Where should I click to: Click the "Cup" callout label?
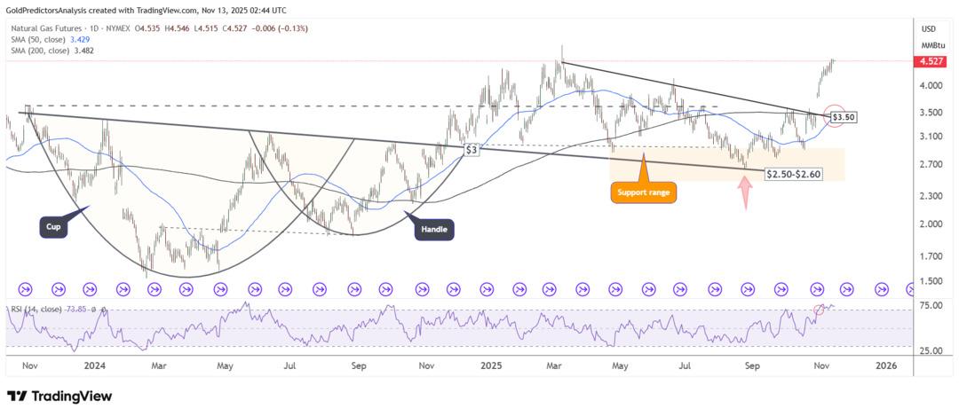[54, 226]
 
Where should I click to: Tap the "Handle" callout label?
[436, 230]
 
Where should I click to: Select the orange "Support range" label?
[644, 191]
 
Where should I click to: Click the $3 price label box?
[473, 150]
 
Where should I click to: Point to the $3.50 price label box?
[843, 116]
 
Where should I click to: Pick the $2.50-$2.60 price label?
[793, 174]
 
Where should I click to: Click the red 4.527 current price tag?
[931, 61]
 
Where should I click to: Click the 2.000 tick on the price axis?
[931, 224]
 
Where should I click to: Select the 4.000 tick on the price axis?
[931, 86]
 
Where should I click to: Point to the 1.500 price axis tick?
[931, 281]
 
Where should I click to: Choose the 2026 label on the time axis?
[884, 365]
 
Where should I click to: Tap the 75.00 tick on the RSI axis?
[931, 304]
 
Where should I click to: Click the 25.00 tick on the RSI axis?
[931, 350]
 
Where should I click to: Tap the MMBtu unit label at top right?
[931, 44]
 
